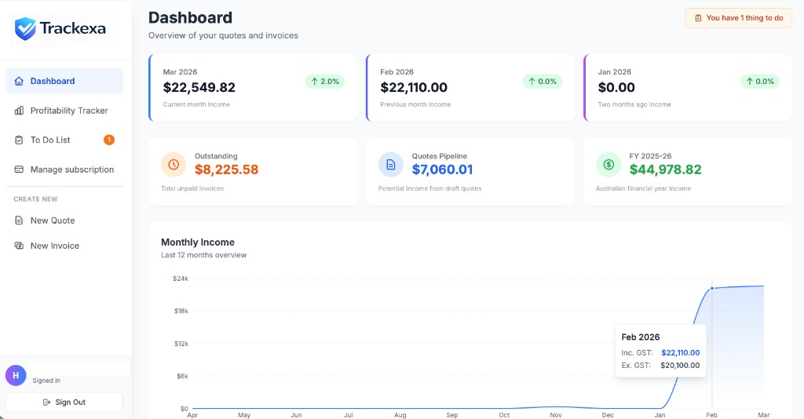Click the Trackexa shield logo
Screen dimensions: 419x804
click(25, 29)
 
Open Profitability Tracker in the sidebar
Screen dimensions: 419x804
click(68, 111)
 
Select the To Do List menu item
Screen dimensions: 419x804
click(50, 140)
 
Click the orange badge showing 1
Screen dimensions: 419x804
click(109, 140)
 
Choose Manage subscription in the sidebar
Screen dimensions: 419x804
click(71, 169)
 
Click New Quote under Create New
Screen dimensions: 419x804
click(53, 220)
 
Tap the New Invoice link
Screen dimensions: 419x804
click(54, 246)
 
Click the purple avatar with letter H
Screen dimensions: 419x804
click(16, 375)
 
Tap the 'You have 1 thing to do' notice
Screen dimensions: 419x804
click(738, 18)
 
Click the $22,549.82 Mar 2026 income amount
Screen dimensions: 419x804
click(199, 87)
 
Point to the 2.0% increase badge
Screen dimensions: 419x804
click(324, 82)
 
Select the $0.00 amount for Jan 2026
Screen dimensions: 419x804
click(616, 87)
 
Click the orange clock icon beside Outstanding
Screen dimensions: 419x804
click(174, 165)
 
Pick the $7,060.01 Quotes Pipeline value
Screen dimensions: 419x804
click(442, 169)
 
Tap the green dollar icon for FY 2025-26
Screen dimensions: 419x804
click(608, 165)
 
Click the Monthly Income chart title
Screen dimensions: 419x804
click(198, 242)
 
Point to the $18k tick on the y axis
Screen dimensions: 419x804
click(181, 311)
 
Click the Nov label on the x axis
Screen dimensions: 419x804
click(556, 415)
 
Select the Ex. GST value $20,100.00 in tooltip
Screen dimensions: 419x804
click(680, 365)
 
